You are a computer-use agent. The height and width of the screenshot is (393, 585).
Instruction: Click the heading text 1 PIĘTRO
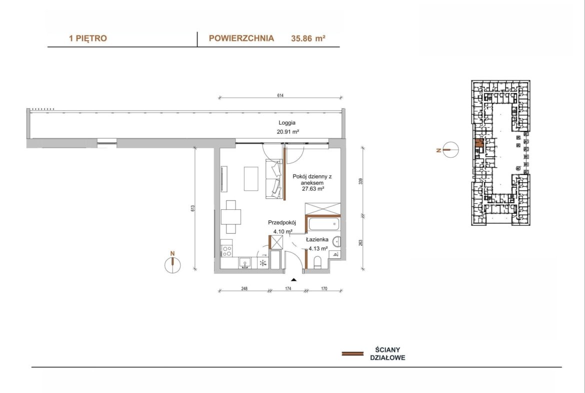(87, 38)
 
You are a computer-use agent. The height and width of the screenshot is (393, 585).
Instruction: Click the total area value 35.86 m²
(308, 38)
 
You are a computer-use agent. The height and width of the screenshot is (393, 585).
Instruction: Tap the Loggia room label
(287, 123)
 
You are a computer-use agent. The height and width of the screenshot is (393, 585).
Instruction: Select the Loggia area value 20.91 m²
(287, 132)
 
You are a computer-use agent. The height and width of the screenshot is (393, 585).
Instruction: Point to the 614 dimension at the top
(280, 96)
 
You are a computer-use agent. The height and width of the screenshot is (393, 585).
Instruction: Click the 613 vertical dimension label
(192, 208)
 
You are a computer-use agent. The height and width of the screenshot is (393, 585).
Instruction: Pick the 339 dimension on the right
(360, 182)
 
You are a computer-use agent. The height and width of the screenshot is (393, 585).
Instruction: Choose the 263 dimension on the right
(360, 243)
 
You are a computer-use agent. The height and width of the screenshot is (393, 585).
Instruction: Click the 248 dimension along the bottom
(244, 289)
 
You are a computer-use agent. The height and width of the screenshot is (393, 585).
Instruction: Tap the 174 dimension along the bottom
(288, 289)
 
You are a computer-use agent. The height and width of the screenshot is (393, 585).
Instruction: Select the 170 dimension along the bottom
(324, 289)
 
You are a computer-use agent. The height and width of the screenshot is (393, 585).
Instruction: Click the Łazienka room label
(317, 239)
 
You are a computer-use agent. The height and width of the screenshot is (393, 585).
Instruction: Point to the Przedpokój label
(281, 223)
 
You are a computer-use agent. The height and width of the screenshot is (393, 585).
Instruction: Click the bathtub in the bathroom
(324, 225)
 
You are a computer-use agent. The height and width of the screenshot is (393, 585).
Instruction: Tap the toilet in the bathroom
(318, 262)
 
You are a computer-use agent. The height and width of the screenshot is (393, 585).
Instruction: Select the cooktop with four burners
(227, 250)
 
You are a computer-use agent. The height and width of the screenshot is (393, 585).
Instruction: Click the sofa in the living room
(273, 179)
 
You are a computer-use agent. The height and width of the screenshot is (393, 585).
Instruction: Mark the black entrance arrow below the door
(294, 279)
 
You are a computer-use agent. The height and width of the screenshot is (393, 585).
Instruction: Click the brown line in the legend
(352, 353)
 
